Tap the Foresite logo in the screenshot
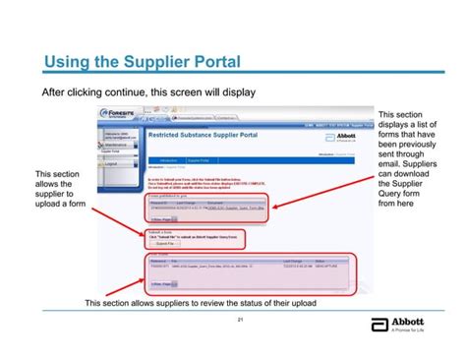tap(117, 116)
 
